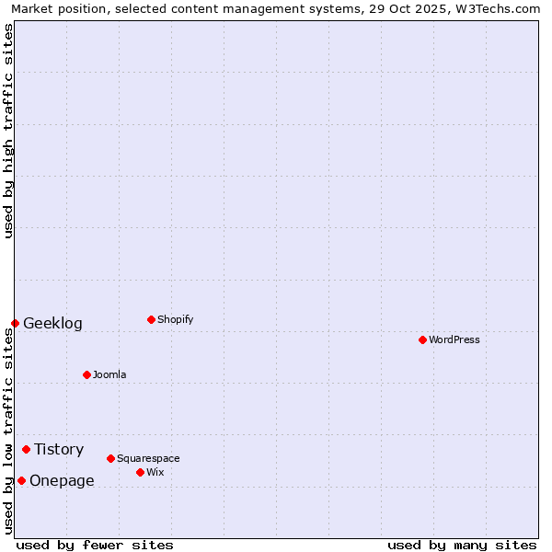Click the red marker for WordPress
pos(422,339)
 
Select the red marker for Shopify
pos(151,319)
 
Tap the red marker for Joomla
pos(86,374)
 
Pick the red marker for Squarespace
pos(110,458)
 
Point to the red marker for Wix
pos(140,472)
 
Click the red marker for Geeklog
pos(15,323)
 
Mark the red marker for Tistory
pos(26,449)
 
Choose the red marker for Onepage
pos(21,480)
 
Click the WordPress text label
pos(454,339)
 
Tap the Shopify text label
pos(176,319)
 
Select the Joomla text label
pos(109,374)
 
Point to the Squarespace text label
pos(148,458)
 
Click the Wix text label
pos(155,472)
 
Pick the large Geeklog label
pos(52,323)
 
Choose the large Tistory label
pos(59,449)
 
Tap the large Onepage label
pos(62,480)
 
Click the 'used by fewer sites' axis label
pos(95,545)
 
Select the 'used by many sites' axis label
pos(462,545)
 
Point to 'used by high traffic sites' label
pos(8,131)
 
